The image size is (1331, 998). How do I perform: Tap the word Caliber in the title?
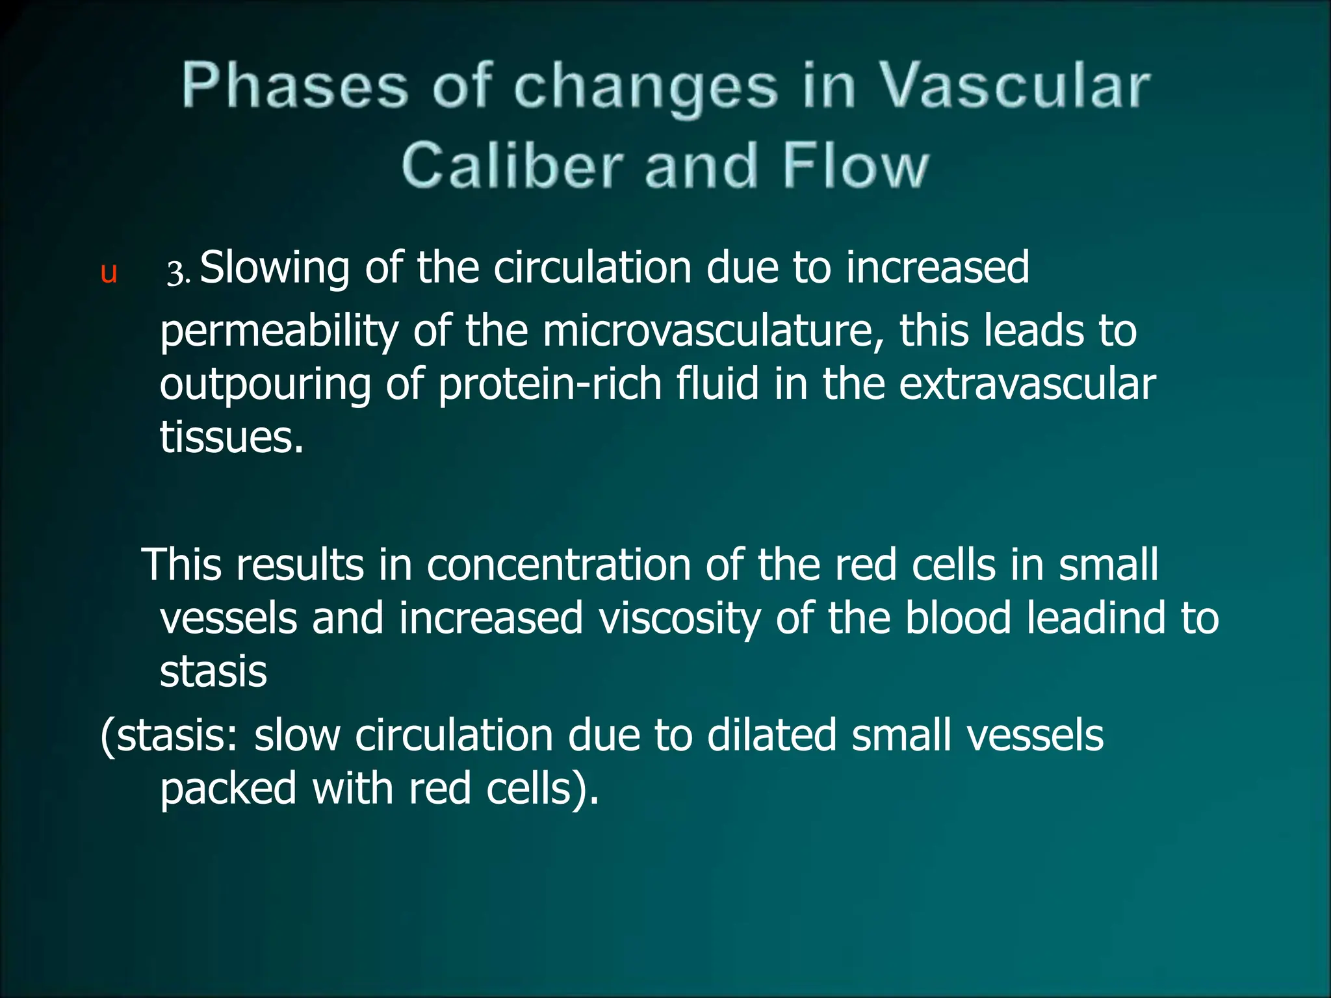[x=512, y=166]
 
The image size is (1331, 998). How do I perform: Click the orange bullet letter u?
[x=109, y=273]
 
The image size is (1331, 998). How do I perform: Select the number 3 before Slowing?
[x=175, y=273]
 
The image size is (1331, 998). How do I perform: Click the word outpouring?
[x=265, y=385]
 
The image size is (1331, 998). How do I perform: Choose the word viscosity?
[x=679, y=619]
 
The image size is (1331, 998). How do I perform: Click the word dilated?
[x=771, y=736]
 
